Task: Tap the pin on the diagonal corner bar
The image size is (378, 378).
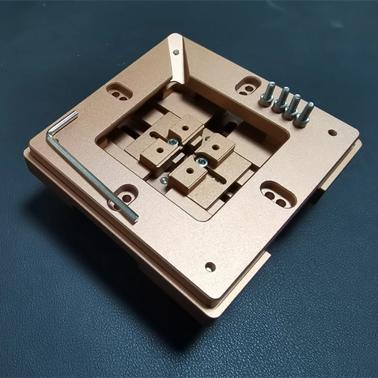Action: pyautogui.click(x=175, y=48)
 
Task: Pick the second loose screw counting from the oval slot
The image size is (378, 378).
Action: pyautogui.click(x=281, y=100)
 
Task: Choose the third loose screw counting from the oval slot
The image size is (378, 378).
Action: pyautogui.click(x=292, y=106)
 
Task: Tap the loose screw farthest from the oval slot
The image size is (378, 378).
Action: pyautogui.click(x=305, y=113)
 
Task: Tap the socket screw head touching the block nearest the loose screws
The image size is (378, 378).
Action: pyautogui.click(x=202, y=162)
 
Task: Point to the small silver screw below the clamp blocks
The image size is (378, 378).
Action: pyautogui.click(x=164, y=180)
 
